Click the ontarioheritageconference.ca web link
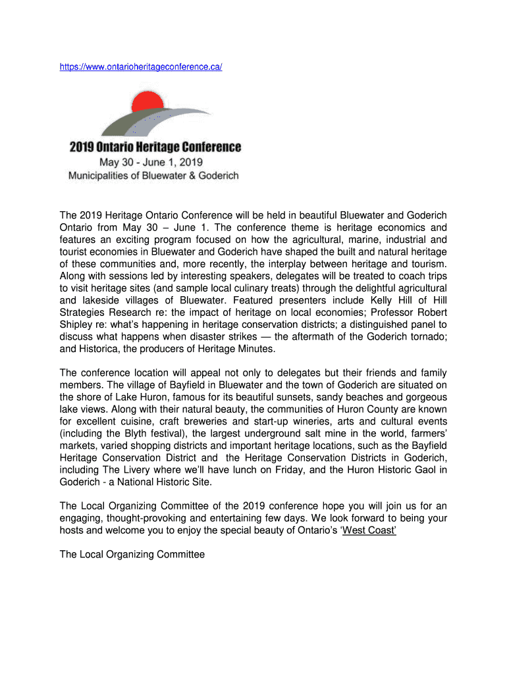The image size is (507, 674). tap(141, 67)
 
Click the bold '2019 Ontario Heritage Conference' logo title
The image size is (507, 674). tap(155, 147)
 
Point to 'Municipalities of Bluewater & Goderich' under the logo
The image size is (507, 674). tap(154, 176)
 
